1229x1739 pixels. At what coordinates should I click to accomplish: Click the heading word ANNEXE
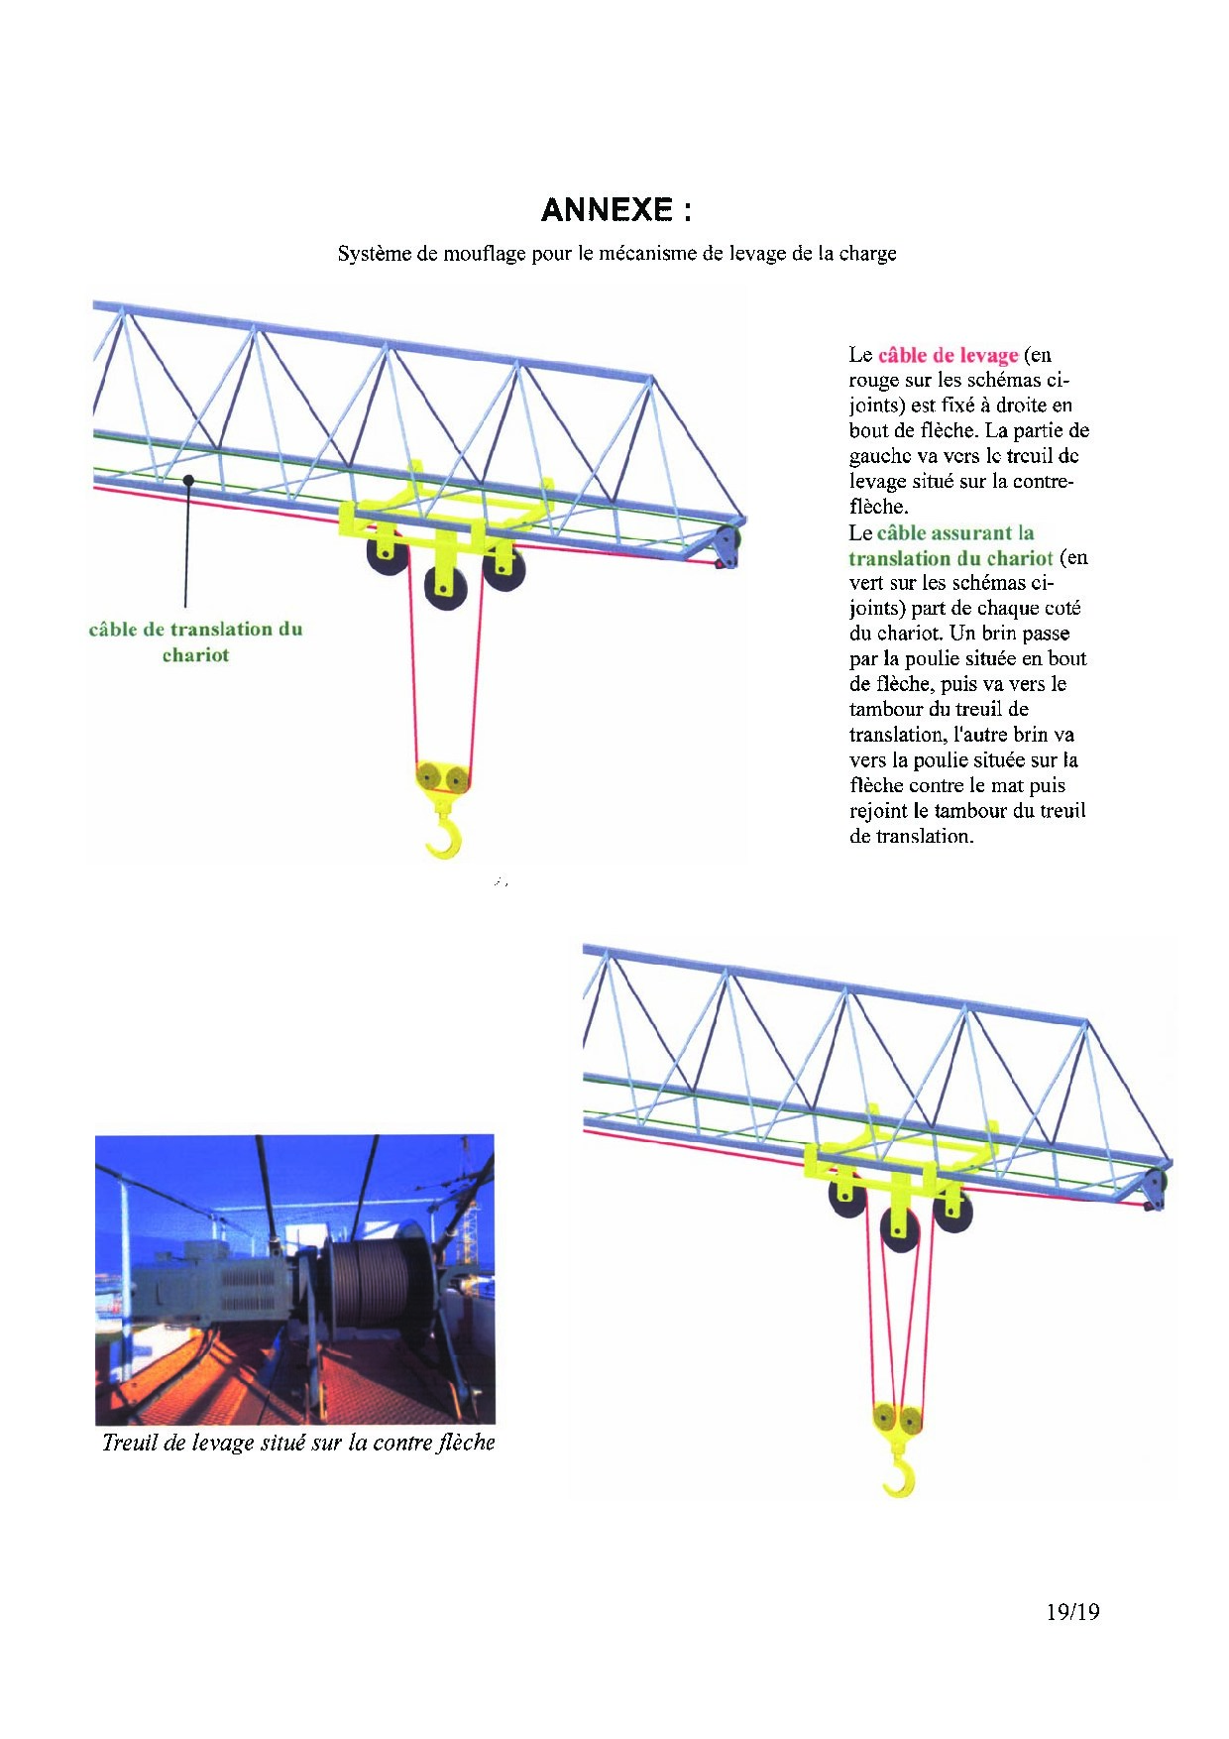pyautogui.click(x=605, y=210)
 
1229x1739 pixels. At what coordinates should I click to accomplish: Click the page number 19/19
pyautogui.click(x=1072, y=1611)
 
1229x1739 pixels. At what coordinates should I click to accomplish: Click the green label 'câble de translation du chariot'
pyautogui.click(x=195, y=641)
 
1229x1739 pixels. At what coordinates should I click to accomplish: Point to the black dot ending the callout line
pyautogui.click(x=188, y=481)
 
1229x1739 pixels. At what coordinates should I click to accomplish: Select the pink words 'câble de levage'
pyautogui.click(x=948, y=355)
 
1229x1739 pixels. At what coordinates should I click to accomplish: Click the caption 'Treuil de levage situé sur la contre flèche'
pyautogui.click(x=298, y=1443)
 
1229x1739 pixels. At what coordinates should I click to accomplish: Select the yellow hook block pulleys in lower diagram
pyautogui.click(x=898, y=1419)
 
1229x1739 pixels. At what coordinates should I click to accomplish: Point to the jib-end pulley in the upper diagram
pyautogui.click(x=727, y=543)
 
